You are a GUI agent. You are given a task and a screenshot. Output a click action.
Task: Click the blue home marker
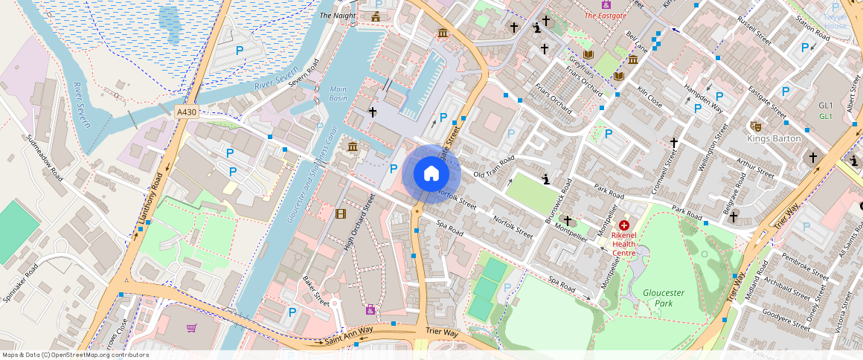[x=431, y=174]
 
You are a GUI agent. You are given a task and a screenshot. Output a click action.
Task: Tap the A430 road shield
[x=187, y=112]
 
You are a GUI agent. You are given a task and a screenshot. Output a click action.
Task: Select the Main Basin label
[x=339, y=93]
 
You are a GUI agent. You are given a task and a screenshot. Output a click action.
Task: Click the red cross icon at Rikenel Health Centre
[x=623, y=225]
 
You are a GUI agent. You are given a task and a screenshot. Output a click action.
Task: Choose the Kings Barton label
[x=774, y=138]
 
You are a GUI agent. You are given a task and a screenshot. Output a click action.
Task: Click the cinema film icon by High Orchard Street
[x=341, y=214]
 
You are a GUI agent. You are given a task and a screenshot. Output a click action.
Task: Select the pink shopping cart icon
[x=192, y=328]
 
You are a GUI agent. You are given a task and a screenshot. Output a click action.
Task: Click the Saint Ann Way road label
[x=349, y=335]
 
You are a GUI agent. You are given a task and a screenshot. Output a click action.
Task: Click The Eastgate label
[x=605, y=15]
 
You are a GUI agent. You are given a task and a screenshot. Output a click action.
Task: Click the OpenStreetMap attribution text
[x=75, y=355]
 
